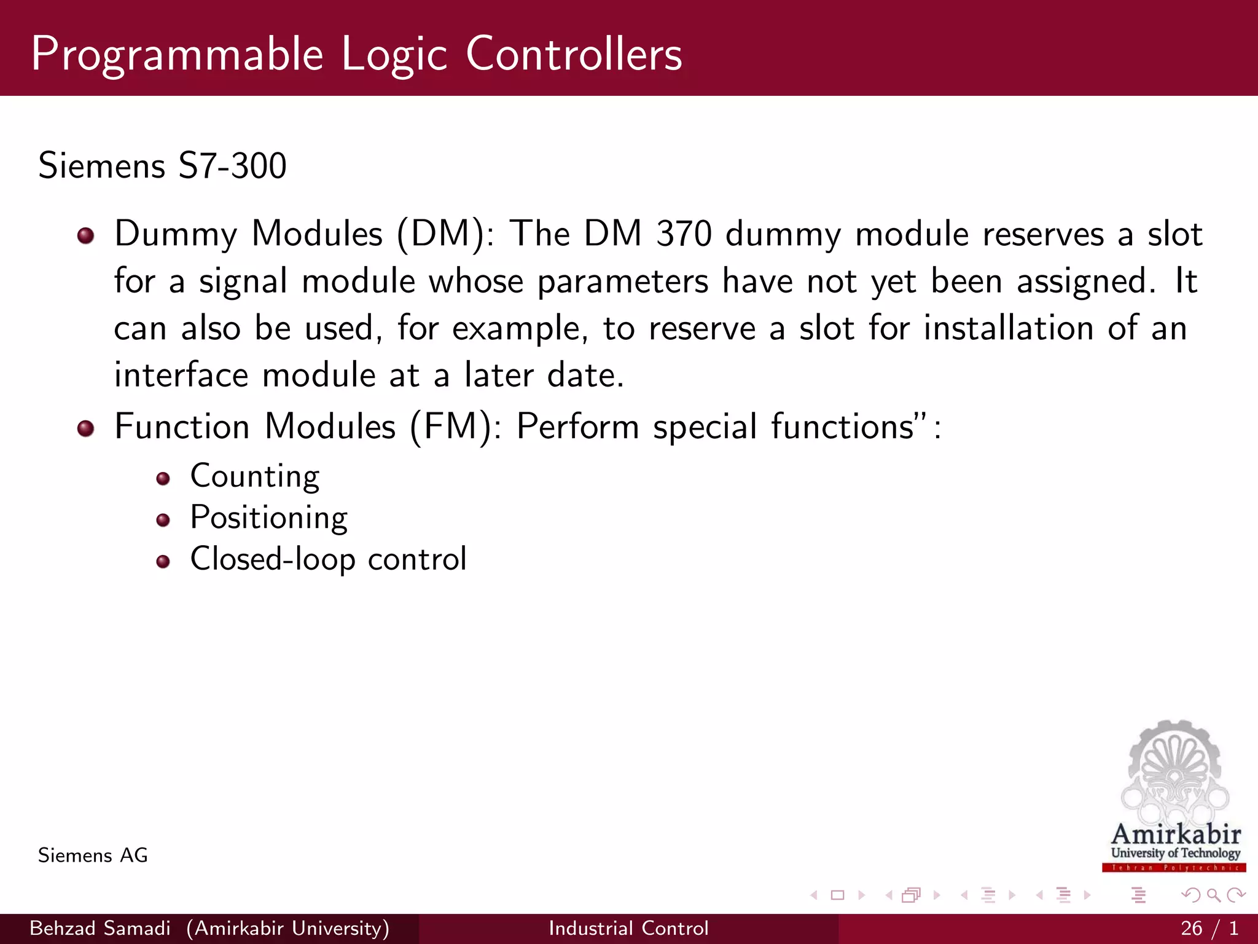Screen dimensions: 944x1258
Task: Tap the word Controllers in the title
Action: [574, 54]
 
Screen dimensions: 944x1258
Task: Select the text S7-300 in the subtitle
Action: [232, 166]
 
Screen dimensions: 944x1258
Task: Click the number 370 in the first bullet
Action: [684, 234]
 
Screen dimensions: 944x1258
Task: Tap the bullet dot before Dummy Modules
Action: [86, 235]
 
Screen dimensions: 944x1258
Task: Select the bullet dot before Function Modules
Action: [86, 428]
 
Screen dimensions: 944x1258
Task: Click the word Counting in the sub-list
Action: [255, 476]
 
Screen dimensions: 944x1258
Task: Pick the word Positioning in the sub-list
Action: [269, 518]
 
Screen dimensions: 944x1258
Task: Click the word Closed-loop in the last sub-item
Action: [273, 559]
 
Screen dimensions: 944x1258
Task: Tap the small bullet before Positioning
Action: [163, 521]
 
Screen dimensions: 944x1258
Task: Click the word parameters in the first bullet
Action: [622, 282]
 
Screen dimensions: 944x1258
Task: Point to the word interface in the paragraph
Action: [181, 376]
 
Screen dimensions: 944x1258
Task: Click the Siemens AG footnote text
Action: [93, 855]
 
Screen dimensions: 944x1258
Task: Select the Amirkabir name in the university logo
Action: [1176, 835]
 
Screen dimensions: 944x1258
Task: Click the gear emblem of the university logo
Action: [1174, 768]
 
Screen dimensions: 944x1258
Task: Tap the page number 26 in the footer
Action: [1191, 928]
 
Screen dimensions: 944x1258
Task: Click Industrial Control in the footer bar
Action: [628, 928]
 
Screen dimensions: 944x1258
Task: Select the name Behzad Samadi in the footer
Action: [100, 928]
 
